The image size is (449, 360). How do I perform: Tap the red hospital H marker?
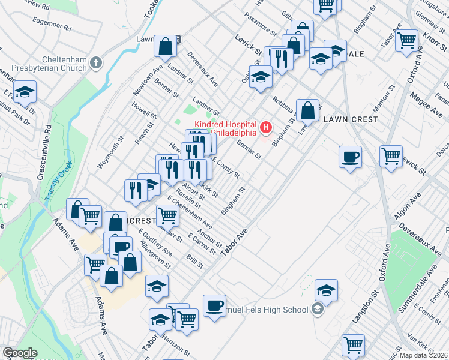tap(265, 128)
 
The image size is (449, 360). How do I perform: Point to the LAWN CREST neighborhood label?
tap(351, 119)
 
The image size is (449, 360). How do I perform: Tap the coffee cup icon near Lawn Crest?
tap(350, 157)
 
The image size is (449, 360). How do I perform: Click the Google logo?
tap(20, 353)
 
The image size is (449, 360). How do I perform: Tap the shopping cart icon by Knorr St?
tap(406, 40)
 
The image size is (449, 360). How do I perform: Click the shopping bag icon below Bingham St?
tap(307, 110)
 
